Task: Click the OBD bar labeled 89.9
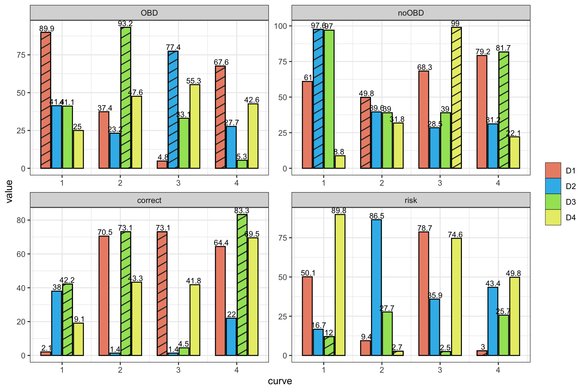point(46,100)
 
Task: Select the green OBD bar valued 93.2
point(126,98)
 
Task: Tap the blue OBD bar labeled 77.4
point(173,110)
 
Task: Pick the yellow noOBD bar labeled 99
point(456,98)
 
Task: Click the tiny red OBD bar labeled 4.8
point(162,165)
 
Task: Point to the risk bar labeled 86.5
point(376,287)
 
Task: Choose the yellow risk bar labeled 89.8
point(340,285)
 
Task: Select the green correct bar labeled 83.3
point(242,285)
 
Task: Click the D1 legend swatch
point(553,170)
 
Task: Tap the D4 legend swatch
point(553,217)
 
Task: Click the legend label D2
point(571,186)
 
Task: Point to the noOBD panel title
point(411,13)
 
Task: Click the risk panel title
point(411,200)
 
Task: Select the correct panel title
point(149,200)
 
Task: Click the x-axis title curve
point(280,381)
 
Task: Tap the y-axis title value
point(9,191)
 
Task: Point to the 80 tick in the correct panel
point(21,220)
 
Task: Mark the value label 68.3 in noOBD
point(425,67)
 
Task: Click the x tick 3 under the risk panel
point(440,370)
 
